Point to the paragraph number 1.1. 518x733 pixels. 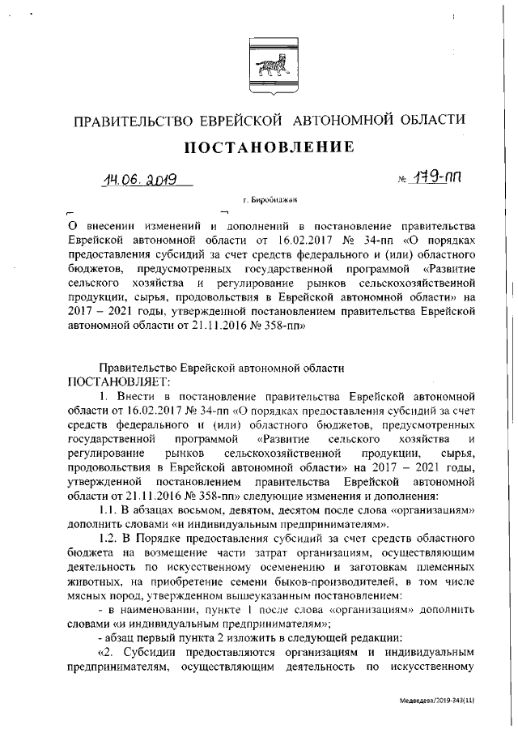pos(109,510)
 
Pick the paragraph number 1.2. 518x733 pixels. pos(109,538)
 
